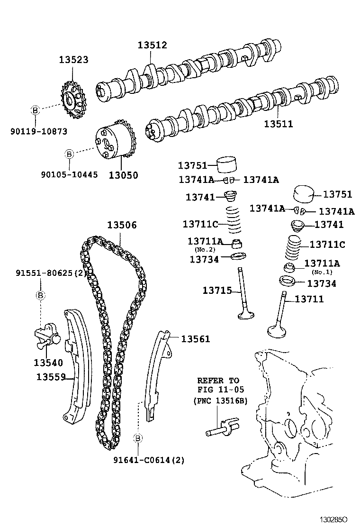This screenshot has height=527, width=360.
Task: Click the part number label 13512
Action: point(152,45)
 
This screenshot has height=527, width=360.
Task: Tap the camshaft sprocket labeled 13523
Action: point(72,100)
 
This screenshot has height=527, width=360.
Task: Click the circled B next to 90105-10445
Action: point(69,154)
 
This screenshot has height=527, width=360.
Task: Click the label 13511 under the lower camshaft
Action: point(279,124)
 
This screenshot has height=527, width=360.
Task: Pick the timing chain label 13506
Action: point(121,225)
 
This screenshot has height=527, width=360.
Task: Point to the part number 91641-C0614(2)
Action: point(149,460)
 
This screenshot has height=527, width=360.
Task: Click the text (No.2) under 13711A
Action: point(205,250)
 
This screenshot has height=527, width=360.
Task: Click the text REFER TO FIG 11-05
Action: point(218,385)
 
